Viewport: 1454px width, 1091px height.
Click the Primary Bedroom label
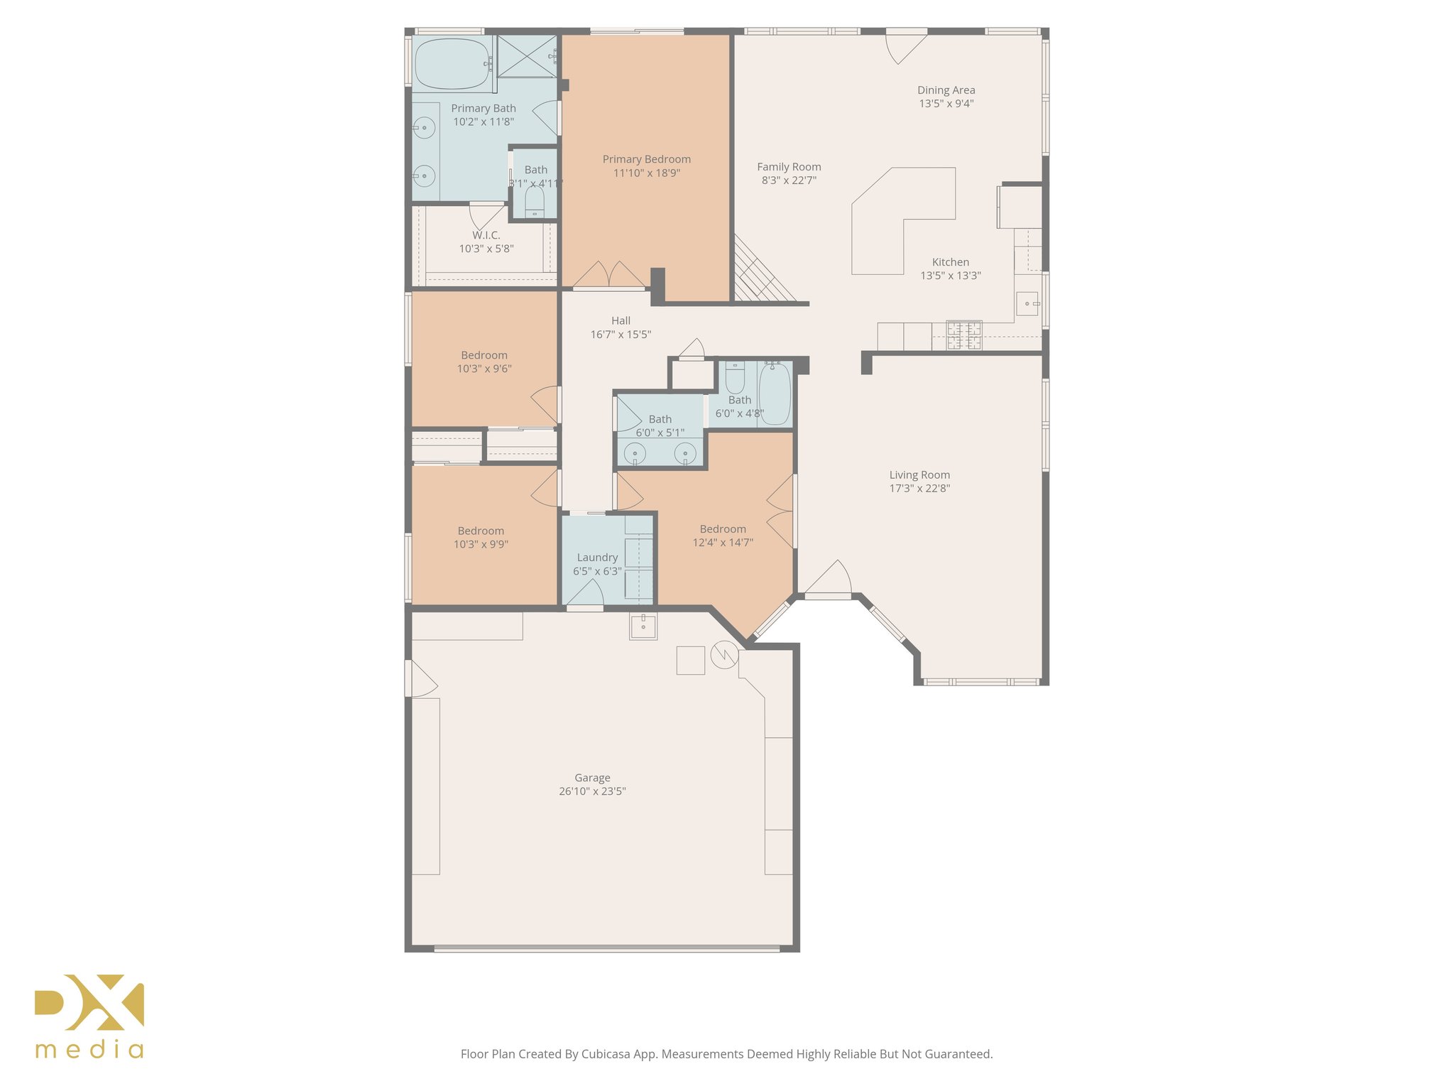646,159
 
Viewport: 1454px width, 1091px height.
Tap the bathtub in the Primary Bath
452,64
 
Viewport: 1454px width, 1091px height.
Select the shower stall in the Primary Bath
526,56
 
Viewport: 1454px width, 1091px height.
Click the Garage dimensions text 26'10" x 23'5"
592,791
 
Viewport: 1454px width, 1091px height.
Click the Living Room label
919,474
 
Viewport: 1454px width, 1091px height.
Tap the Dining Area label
946,90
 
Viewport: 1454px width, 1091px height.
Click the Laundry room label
597,558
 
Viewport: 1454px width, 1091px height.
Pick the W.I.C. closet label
486,235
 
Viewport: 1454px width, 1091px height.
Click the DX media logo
89,1016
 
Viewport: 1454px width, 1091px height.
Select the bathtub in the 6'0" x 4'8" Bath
775,394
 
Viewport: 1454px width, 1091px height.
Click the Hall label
621,321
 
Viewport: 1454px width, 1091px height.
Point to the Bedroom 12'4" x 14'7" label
723,529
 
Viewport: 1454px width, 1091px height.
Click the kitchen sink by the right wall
1027,303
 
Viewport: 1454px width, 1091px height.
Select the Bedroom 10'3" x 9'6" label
484,355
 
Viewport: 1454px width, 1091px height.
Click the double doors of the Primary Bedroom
609,276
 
